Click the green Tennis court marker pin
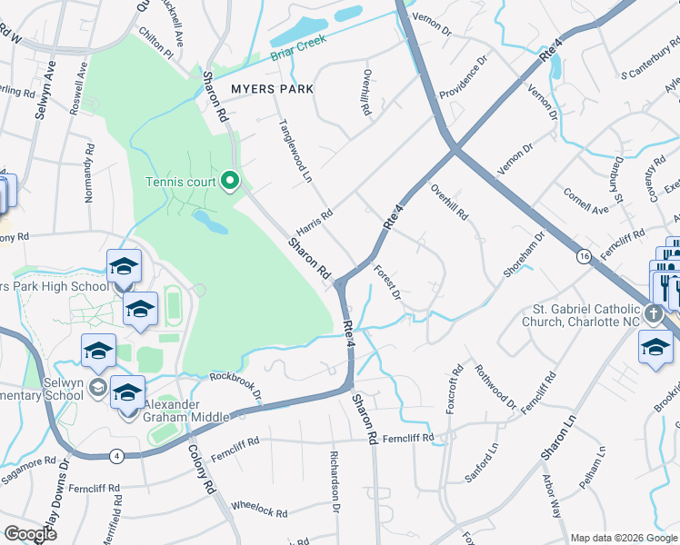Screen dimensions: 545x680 point(230,181)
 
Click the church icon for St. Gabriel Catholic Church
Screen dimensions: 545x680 point(654,314)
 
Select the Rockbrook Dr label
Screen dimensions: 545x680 point(235,387)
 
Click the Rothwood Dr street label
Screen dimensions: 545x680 point(496,385)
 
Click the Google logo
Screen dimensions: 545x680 point(30,534)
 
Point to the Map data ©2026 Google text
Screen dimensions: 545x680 point(624,538)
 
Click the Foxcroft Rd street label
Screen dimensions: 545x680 point(452,390)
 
